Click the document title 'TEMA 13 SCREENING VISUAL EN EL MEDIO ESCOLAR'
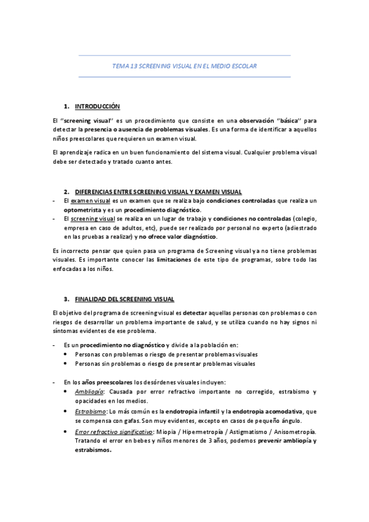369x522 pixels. (185, 65)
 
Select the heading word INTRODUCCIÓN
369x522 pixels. (98, 106)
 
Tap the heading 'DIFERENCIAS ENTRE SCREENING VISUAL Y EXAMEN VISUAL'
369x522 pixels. (158, 191)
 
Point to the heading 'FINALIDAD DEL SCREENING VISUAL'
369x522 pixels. (125, 299)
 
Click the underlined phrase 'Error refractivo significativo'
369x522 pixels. (113, 432)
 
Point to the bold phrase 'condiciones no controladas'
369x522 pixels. (252, 219)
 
